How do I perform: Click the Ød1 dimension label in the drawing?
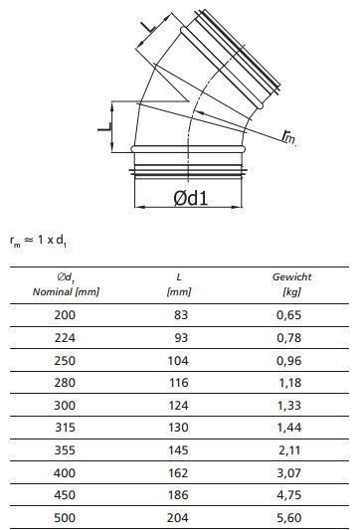click(190, 198)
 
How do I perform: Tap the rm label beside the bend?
click(288, 136)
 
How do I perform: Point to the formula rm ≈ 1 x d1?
click(38, 241)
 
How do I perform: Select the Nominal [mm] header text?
click(66, 291)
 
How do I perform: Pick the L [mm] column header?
click(179, 284)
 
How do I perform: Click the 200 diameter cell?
click(65, 315)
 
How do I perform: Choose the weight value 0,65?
click(288, 315)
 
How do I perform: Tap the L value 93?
click(181, 338)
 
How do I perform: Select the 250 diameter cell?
click(65, 360)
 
